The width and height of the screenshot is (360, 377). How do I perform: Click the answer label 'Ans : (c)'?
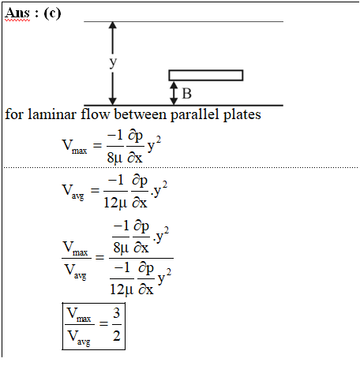(33, 13)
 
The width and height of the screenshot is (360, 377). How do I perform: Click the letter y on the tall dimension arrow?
(113, 62)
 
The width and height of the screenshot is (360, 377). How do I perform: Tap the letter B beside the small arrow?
(186, 94)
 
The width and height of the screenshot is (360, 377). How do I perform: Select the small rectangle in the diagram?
(206, 75)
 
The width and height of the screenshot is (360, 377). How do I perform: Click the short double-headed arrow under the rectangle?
(174, 93)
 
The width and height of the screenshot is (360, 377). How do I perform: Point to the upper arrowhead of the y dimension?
(113, 25)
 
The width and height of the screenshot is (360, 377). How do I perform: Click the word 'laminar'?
(51, 114)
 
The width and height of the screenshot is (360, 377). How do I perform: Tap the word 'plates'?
(242, 115)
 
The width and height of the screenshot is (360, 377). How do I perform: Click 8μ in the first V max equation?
(114, 158)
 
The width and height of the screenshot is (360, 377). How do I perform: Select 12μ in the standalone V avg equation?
(115, 203)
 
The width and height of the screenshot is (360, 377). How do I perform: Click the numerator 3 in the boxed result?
(117, 313)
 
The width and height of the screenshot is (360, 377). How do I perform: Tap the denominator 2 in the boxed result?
(117, 336)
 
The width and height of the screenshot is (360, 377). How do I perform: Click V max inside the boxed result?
(79, 315)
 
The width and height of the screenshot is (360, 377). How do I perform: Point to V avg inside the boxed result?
(79, 338)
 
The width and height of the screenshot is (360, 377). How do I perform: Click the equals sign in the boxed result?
(103, 323)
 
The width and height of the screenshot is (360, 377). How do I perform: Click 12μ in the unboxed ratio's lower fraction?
(122, 289)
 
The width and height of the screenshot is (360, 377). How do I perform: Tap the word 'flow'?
(95, 114)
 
